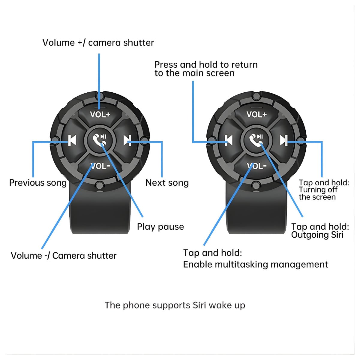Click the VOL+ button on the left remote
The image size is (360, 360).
pos(100,115)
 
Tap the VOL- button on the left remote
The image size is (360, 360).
pos(100,166)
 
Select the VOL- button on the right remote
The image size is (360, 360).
pos(257,166)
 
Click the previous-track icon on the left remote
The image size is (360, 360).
pos(72,140)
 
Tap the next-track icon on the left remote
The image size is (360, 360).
pos(127,140)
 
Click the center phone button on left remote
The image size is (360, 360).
pos(99,140)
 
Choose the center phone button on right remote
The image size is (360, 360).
pos(256,140)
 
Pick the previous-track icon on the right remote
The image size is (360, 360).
pos(229,140)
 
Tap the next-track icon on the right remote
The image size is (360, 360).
pos(284,140)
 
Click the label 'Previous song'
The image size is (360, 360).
pos(38,183)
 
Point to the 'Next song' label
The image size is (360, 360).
pos(167,183)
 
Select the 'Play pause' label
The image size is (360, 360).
pos(160,227)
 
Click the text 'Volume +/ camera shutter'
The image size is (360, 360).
pos(98,43)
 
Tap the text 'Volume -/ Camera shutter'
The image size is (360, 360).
pos(64,256)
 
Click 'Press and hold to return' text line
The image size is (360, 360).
pos(206,65)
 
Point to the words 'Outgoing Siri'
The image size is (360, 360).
pos(317,235)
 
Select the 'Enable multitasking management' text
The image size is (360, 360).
pos(255,265)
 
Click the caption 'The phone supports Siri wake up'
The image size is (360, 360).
pos(175,305)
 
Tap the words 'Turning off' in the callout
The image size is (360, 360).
pos(318,190)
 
